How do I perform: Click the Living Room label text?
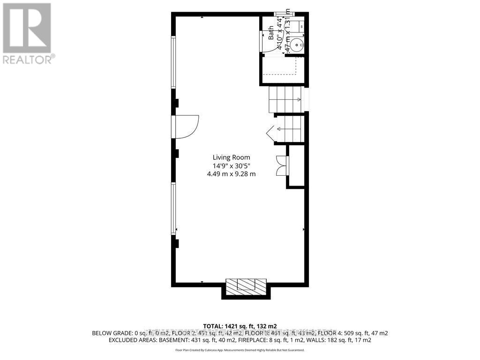tap(231, 157)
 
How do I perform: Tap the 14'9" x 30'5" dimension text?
tap(231, 165)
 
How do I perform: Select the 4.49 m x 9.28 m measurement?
tap(231, 174)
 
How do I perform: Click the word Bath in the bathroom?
tap(271, 34)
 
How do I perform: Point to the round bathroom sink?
tap(296, 45)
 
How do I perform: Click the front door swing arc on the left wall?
tap(189, 127)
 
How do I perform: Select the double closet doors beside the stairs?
tap(281, 165)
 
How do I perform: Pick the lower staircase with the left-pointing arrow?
tap(290, 129)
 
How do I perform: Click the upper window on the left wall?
tap(173, 62)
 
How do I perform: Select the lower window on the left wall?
tap(173, 209)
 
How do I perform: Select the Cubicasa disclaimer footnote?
tap(240, 350)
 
